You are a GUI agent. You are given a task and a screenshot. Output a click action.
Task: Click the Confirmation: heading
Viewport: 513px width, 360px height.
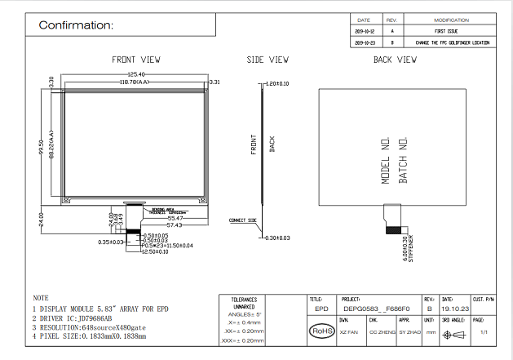click(x=77, y=25)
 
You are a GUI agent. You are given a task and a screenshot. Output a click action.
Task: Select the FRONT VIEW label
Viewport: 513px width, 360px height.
click(x=136, y=60)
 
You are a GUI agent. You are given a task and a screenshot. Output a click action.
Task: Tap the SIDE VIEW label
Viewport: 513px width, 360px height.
click(x=268, y=60)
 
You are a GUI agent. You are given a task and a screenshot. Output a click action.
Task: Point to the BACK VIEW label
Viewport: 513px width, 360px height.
click(x=395, y=60)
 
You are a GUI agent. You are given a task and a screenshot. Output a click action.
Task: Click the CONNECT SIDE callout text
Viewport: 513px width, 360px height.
click(x=243, y=220)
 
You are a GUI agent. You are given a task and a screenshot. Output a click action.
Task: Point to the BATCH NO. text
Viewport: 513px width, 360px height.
click(x=402, y=160)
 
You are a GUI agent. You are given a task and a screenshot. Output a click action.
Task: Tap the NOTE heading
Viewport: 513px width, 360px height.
click(x=41, y=298)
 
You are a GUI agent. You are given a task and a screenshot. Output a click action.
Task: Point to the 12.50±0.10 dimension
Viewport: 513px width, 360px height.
click(x=154, y=251)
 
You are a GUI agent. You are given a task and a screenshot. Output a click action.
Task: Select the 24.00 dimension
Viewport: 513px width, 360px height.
click(x=41, y=218)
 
